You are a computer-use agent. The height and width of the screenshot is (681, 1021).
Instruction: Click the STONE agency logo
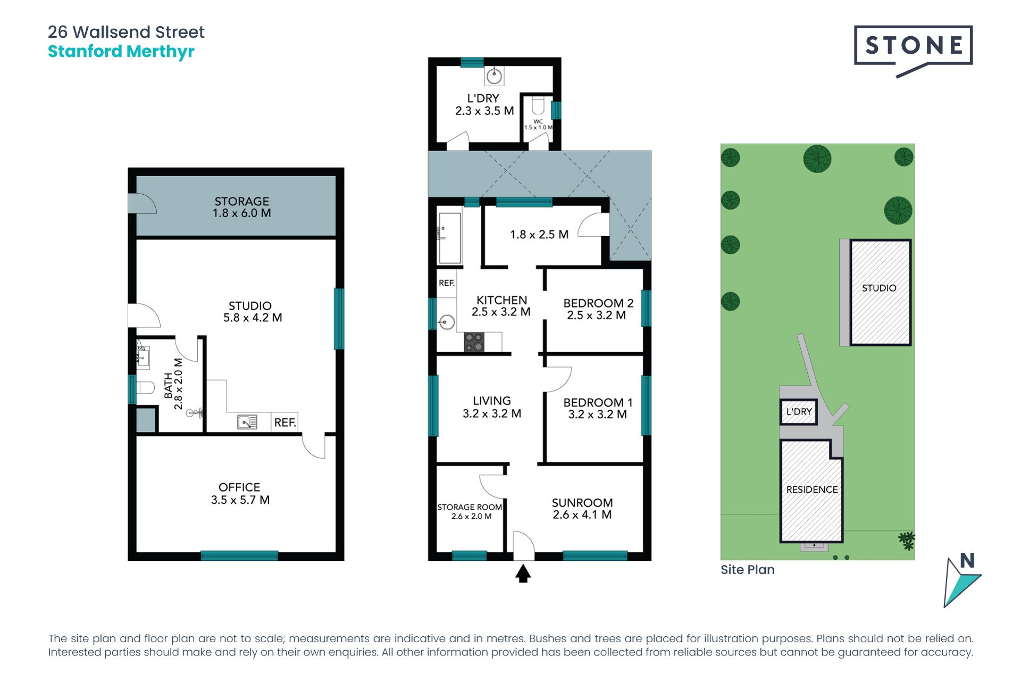coord(913,51)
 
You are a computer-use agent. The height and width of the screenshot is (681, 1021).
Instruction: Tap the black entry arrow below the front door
coord(523,574)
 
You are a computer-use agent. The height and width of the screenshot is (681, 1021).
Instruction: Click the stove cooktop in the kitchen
coord(474,342)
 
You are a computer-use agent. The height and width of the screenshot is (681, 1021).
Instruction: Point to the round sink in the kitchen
coord(446,322)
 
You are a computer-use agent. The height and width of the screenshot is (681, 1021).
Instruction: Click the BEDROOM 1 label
coord(598,409)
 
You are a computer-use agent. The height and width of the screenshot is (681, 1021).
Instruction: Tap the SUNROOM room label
coord(582,509)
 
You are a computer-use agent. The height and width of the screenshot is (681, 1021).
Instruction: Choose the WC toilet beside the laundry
coord(538,105)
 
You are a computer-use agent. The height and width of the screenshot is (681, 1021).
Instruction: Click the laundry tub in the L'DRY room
coord(494,76)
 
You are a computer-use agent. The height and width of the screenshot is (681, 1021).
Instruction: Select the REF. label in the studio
coord(285,422)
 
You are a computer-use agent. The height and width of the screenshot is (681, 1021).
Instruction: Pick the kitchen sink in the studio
coord(247,422)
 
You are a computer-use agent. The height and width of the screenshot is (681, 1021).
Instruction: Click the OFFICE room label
coord(240,493)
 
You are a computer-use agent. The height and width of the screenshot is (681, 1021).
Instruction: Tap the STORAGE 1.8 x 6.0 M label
coord(242,207)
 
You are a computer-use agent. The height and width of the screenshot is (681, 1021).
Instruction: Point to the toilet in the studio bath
coord(145,387)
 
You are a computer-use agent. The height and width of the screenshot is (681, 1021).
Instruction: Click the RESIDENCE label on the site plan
coord(812,489)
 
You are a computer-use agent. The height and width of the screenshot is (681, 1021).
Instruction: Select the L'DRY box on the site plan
coord(799,412)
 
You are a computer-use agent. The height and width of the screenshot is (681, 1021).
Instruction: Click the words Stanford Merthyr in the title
coord(121,52)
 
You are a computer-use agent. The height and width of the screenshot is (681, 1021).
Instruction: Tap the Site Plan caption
coord(748,570)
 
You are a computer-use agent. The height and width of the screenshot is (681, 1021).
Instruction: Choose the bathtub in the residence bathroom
coord(450,238)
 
